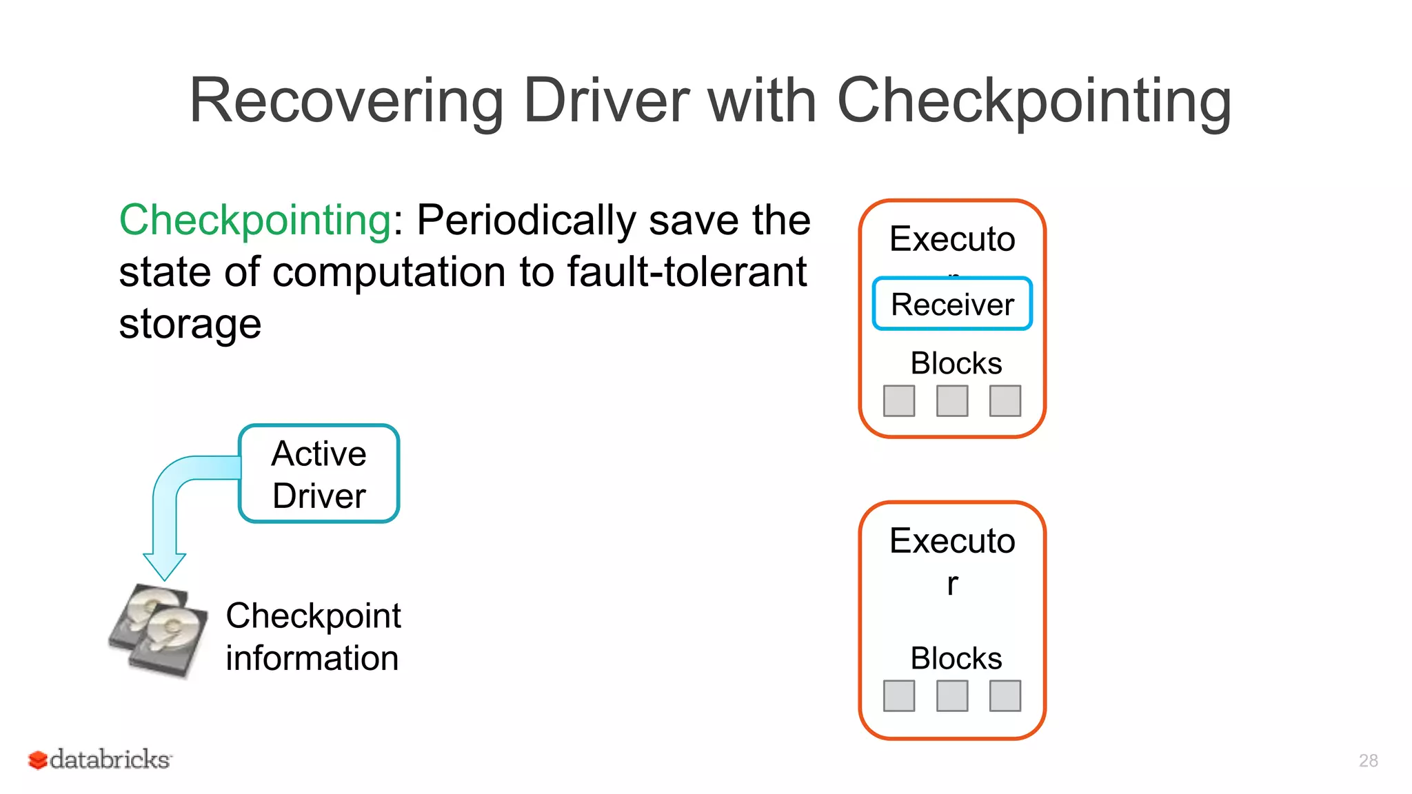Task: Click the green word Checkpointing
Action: coord(255,221)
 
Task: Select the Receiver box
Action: coord(952,304)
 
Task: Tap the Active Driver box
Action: coord(319,474)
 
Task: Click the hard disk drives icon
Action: coord(159,630)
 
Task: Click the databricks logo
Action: coord(100,760)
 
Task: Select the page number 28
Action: coord(1368,760)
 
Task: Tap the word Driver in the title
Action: coord(606,101)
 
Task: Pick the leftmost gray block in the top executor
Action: coord(899,401)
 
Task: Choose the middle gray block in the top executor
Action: coord(952,401)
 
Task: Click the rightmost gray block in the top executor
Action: coord(1005,401)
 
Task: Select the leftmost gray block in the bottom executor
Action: coord(899,696)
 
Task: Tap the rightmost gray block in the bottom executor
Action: coord(1005,696)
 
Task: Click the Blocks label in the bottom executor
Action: coord(956,658)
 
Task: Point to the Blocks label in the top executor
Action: coord(956,363)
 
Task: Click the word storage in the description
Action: coord(190,325)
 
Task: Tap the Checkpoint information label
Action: coord(313,636)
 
